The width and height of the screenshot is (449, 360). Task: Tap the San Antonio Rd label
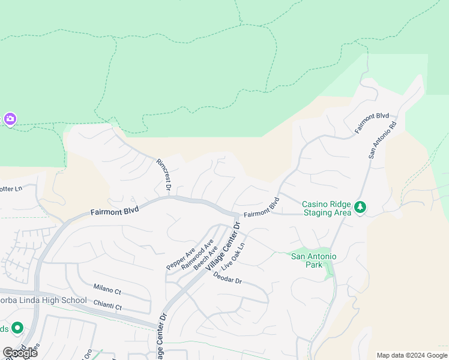coord(383,140)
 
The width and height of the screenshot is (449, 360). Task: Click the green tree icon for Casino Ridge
coord(360,207)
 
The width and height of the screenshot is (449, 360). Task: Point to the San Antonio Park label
coord(313,260)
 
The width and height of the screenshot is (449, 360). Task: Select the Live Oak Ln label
coord(234,256)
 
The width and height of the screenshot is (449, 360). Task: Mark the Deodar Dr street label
coord(228,280)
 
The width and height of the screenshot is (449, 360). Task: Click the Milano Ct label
coord(107,290)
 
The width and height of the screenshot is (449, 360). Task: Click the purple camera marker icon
coord(10,119)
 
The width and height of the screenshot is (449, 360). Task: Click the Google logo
coord(20,352)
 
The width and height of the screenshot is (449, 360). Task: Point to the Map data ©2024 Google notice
coord(411,355)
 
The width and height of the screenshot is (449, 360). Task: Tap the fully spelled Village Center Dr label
coord(223,246)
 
